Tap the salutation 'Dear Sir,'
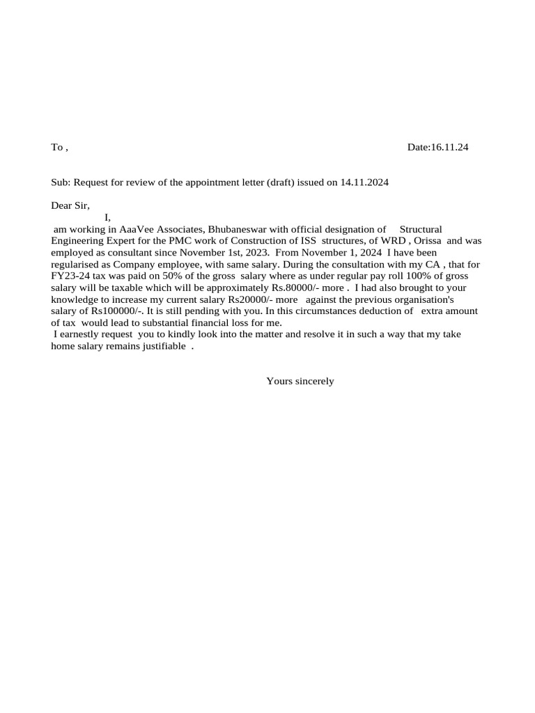click(x=70, y=205)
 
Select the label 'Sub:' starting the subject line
click(x=61, y=182)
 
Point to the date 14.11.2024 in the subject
click(x=364, y=182)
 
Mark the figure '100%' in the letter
click(x=403, y=276)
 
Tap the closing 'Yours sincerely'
click(x=300, y=382)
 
